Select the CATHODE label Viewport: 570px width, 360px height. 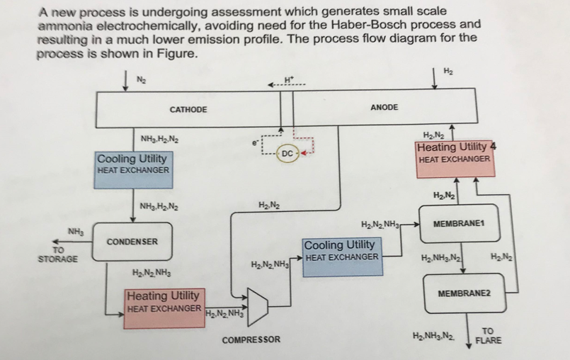click(188, 110)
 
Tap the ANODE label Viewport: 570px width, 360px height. click(385, 108)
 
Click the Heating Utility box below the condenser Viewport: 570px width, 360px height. click(164, 302)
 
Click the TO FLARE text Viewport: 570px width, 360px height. click(489, 335)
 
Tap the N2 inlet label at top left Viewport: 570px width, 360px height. click(140, 78)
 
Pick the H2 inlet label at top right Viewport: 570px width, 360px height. click(448, 71)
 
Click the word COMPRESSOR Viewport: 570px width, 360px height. click(251, 340)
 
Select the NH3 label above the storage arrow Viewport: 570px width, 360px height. click(76, 231)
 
